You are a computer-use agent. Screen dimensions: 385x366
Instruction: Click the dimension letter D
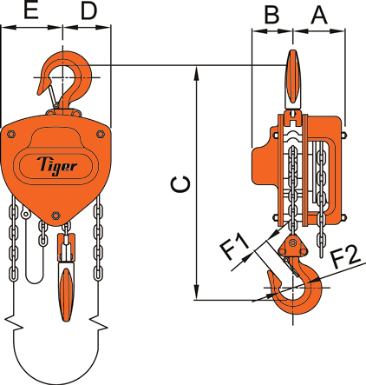(x=88, y=11)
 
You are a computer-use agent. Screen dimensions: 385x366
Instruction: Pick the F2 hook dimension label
(x=343, y=256)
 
